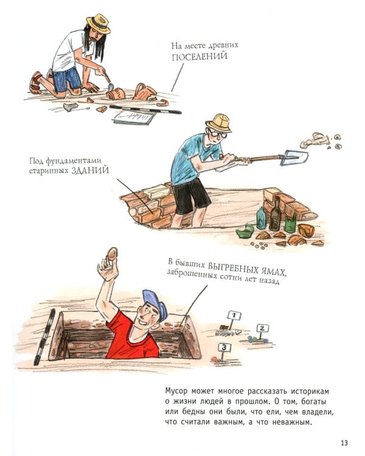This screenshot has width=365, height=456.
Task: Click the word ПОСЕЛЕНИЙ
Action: pyautogui.click(x=200, y=56)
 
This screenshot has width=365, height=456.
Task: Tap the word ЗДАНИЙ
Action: pyautogui.click(x=90, y=170)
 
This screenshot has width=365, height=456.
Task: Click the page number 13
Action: pyautogui.click(x=344, y=443)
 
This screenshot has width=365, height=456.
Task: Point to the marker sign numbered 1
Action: pyautogui.click(x=234, y=316)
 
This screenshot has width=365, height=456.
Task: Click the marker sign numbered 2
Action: pyautogui.click(x=262, y=328)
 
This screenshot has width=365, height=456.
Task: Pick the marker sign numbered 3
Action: pyautogui.click(x=224, y=347)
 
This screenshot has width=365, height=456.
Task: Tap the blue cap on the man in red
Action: pyautogui.click(x=156, y=303)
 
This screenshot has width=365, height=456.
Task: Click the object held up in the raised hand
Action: pyautogui.click(x=113, y=254)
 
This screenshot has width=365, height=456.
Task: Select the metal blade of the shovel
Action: pyautogui.click(x=294, y=157)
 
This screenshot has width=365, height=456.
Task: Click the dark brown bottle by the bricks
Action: pyautogui.click(x=275, y=215)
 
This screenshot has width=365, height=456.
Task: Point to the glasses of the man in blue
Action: pyautogui.click(x=218, y=134)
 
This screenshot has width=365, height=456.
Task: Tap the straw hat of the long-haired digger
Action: pyautogui.click(x=99, y=24)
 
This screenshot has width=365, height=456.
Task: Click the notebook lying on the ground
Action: pyautogui.click(x=134, y=117)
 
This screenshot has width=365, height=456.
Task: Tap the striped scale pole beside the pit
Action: pyautogui.click(x=44, y=337)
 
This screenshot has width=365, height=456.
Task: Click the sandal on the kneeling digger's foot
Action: pyautogui.click(x=35, y=83)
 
